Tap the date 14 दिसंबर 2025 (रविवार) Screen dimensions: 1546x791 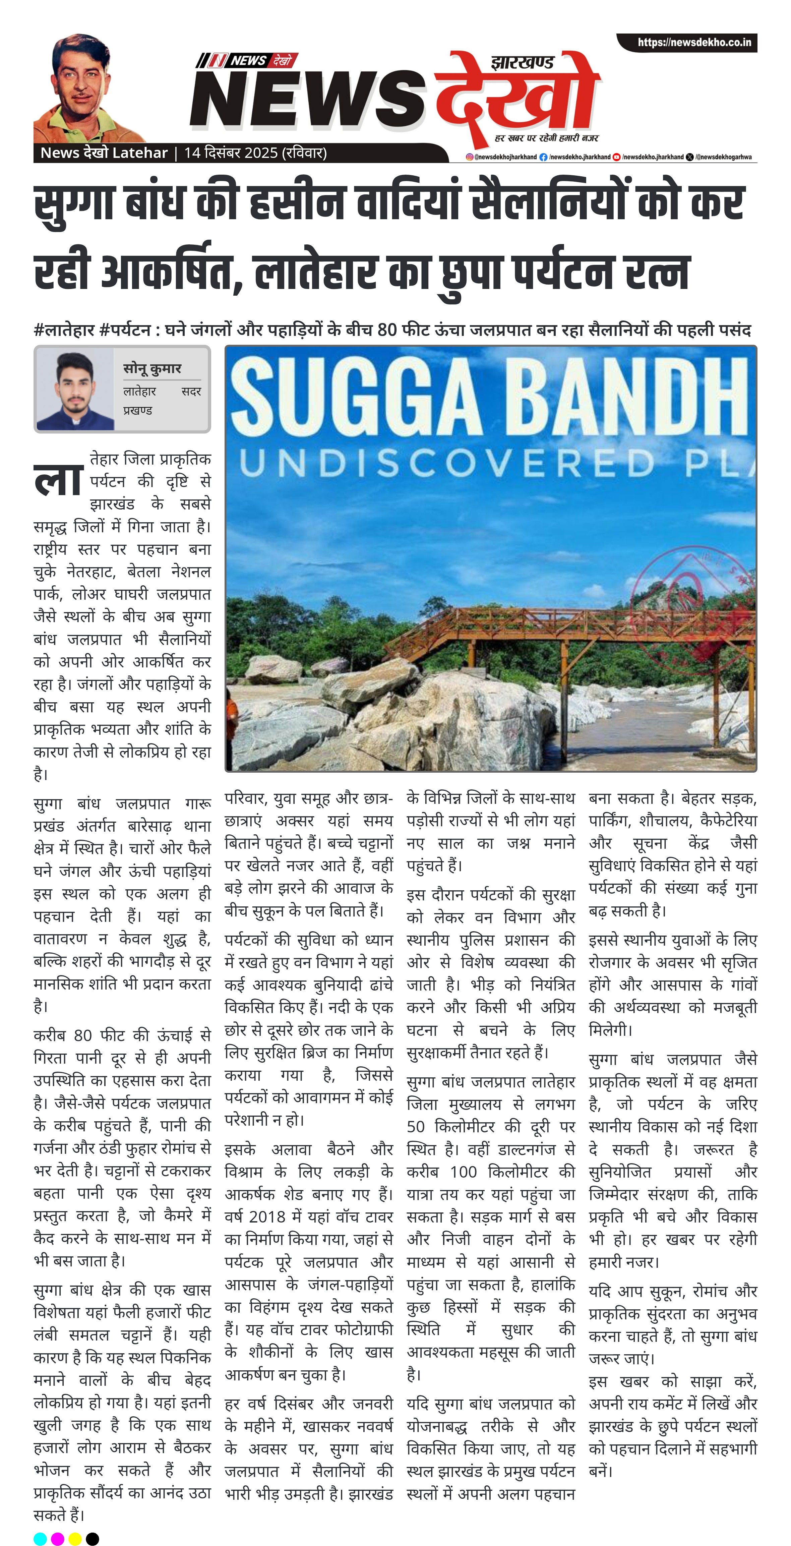(x=255, y=153)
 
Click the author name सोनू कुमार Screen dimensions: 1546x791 (x=152, y=368)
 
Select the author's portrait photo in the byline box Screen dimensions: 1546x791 (x=76, y=391)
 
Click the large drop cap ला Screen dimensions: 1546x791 (x=59, y=480)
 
